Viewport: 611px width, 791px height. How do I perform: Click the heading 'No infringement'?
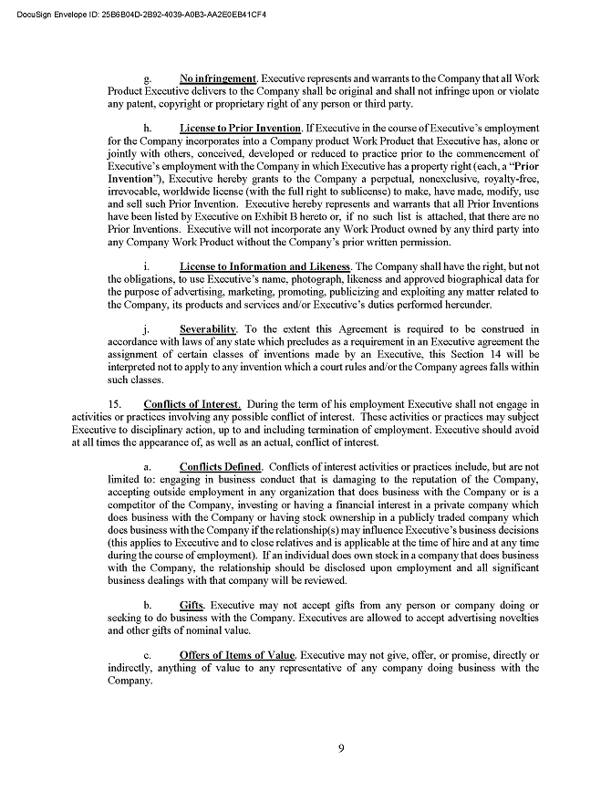tap(218, 78)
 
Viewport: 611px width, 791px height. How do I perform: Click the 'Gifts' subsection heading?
tap(192, 605)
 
